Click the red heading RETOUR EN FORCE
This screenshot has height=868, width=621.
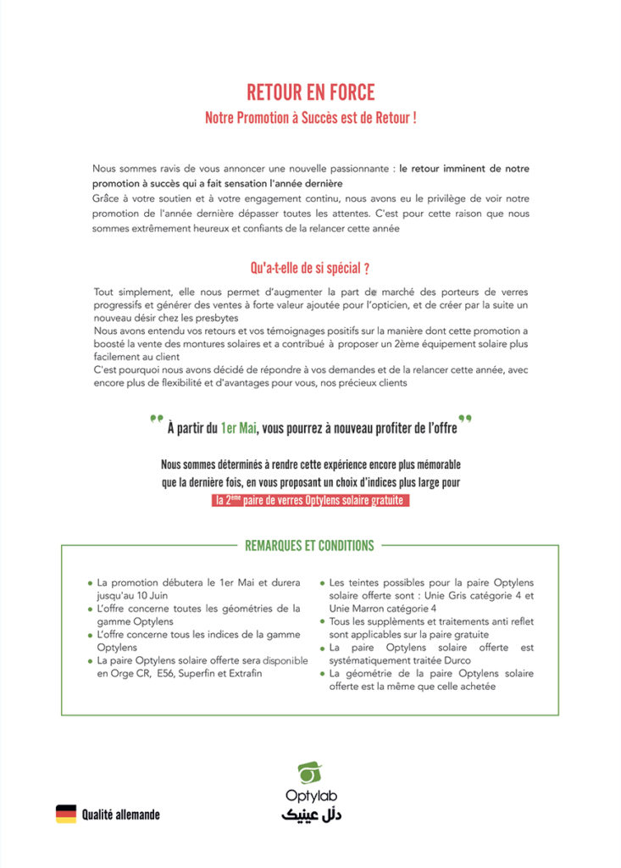click(310, 92)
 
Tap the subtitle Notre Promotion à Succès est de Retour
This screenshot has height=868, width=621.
click(310, 118)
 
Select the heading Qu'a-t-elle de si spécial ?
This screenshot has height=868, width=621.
click(309, 269)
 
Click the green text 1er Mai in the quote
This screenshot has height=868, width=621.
click(238, 428)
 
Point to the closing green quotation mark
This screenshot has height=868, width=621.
click(464, 419)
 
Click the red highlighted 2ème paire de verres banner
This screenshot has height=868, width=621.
click(310, 500)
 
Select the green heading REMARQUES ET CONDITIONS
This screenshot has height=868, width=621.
click(309, 545)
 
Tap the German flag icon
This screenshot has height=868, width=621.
click(66, 814)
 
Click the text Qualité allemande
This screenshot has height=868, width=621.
click(120, 815)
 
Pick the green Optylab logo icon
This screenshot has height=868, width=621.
click(310, 773)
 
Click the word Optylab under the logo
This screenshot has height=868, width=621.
click(310, 798)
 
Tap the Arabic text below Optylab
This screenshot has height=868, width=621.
click(310, 815)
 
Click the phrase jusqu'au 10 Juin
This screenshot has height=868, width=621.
click(131, 595)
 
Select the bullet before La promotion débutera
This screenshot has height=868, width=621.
click(90, 583)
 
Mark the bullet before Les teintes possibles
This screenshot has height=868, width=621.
click(322, 583)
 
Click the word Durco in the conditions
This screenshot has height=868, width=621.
click(449, 660)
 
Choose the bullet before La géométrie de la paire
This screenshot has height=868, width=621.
click(322, 674)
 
